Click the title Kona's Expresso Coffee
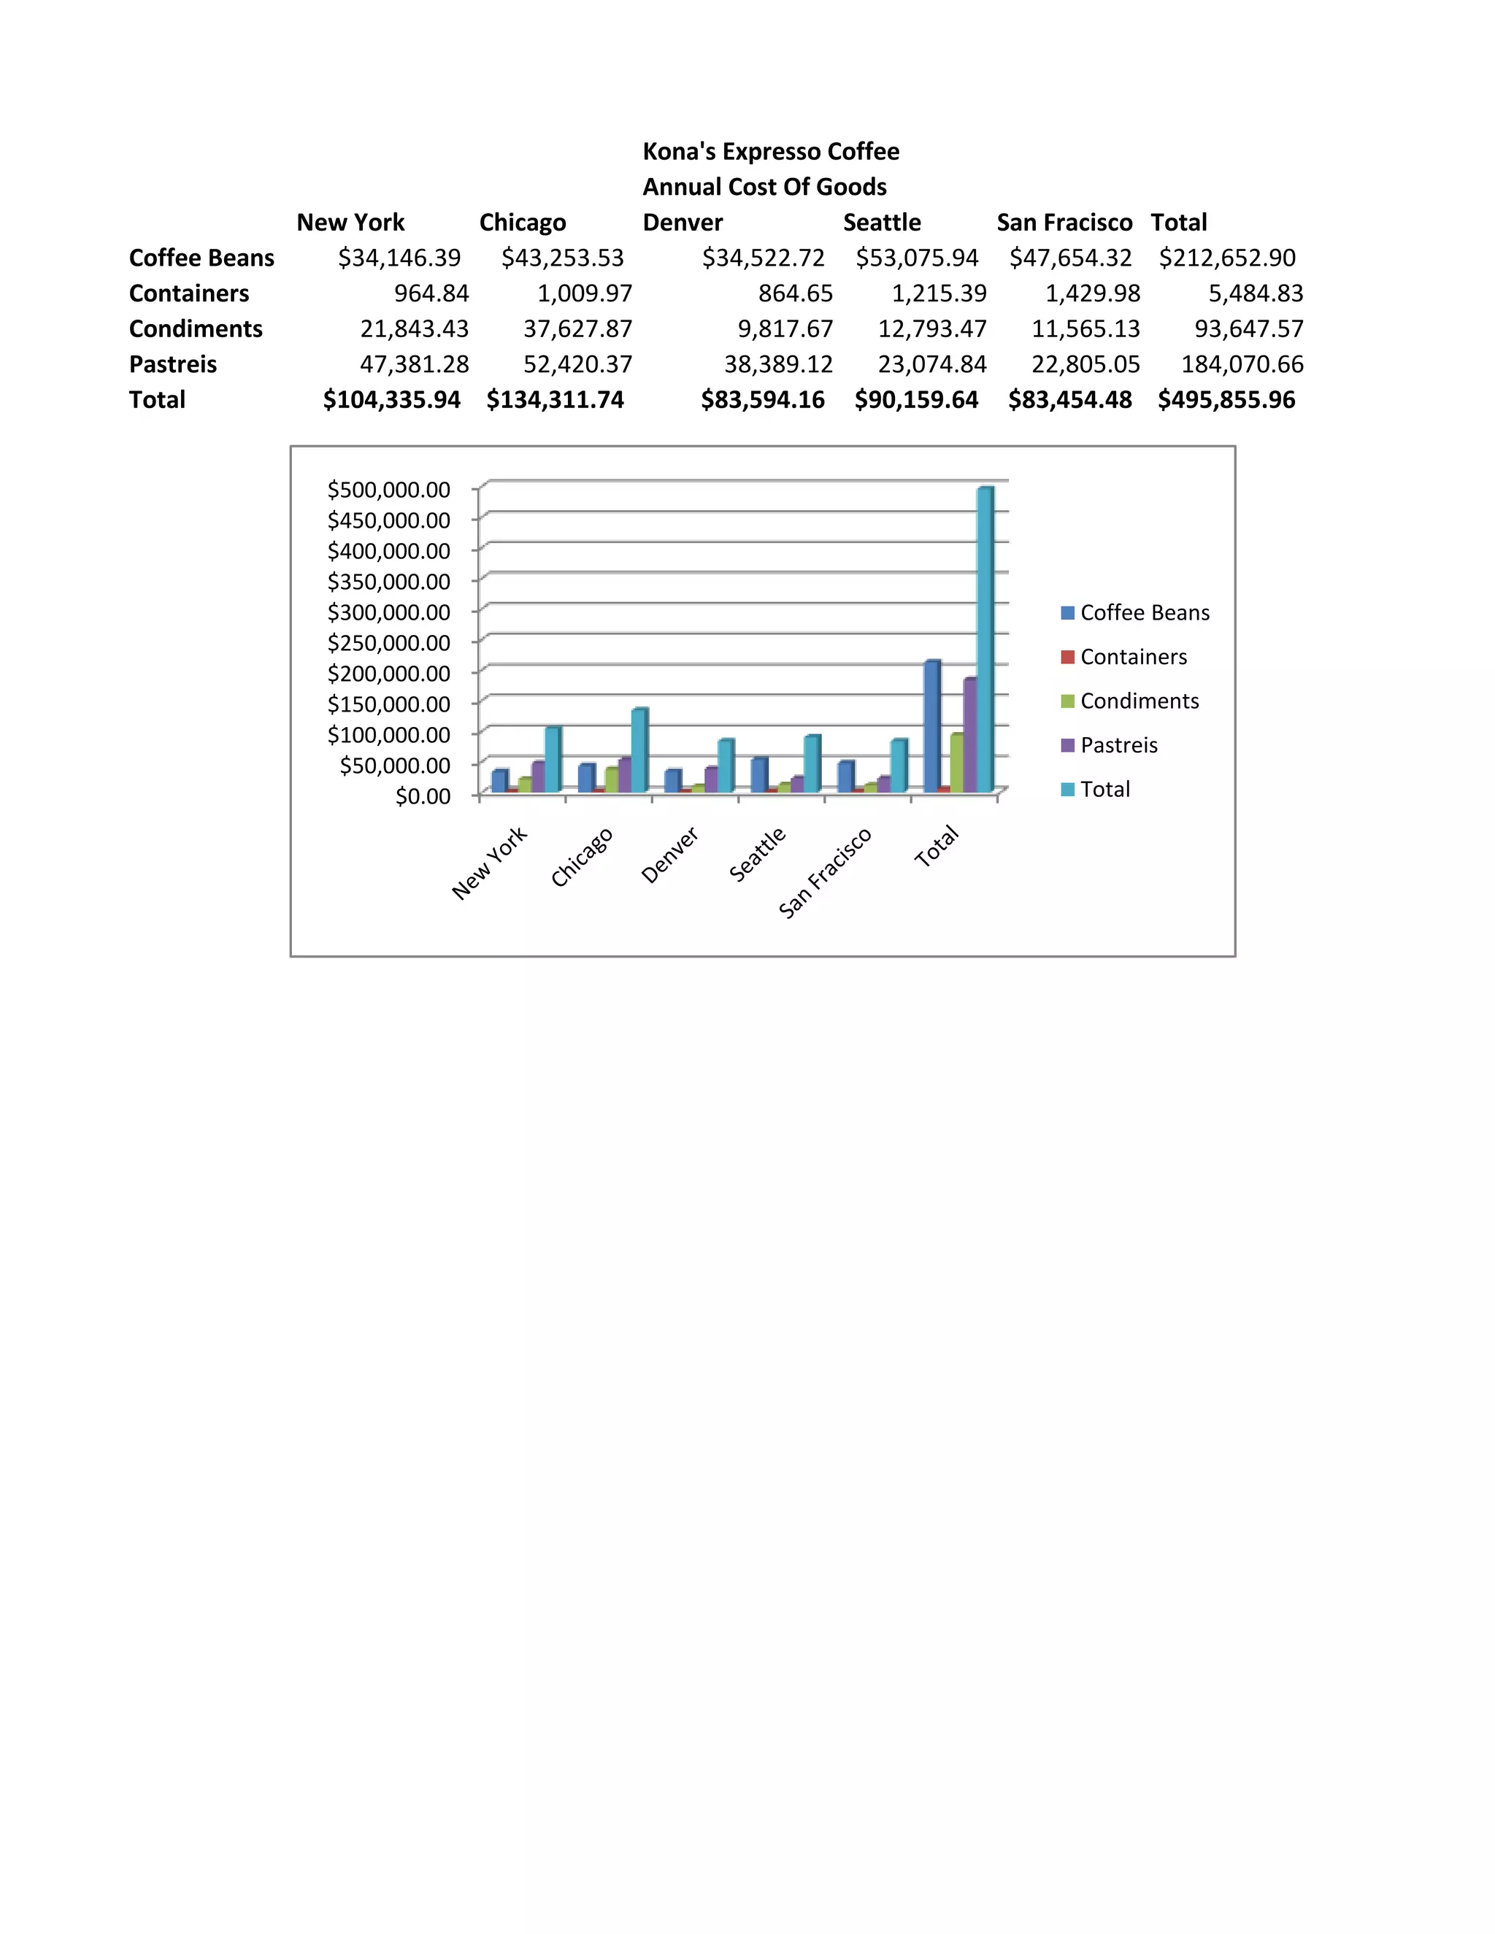pos(771,151)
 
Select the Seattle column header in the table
pos(881,223)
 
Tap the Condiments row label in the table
pos(196,328)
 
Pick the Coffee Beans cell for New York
pos(399,258)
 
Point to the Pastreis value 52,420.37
pos(577,364)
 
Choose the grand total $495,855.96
pos(1226,399)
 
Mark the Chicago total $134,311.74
pos(555,399)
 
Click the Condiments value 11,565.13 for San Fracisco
pos(1085,328)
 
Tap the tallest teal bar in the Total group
pos(984,638)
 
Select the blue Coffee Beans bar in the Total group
pos(931,726)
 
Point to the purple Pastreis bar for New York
pos(537,777)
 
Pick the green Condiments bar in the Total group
pos(956,763)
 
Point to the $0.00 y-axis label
pos(423,796)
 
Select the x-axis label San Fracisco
pos(825,873)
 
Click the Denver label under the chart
pos(669,855)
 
